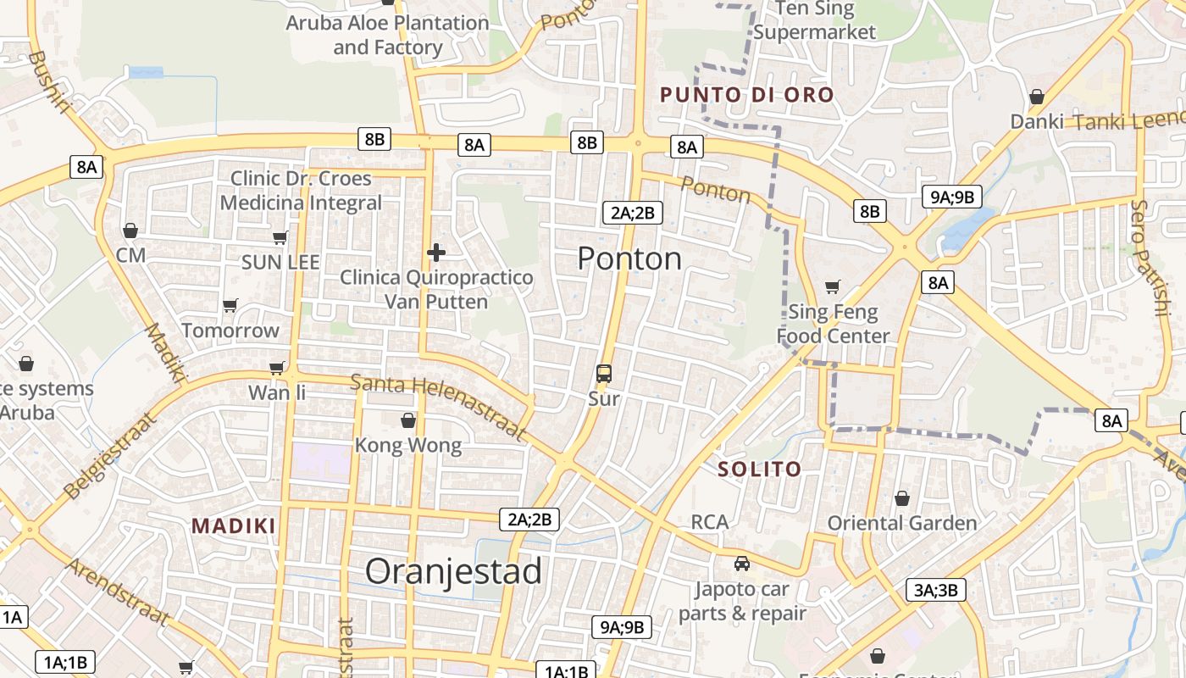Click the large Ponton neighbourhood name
pyautogui.click(x=629, y=258)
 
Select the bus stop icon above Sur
pyautogui.click(x=603, y=373)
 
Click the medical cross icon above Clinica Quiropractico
pyautogui.click(x=436, y=253)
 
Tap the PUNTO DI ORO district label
pyautogui.click(x=747, y=95)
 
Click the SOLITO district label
pyautogui.click(x=759, y=469)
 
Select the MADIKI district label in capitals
pyautogui.click(x=234, y=526)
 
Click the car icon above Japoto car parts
pyautogui.click(x=742, y=563)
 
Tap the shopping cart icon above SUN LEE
pyautogui.click(x=280, y=238)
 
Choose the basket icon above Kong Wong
pyautogui.click(x=408, y=420)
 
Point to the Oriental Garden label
pyautogui.click(x=902, y=523)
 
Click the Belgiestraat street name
pyautogui.click(x=110, y=456)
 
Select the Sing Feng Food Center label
pyautogui.click(x=834, y=324)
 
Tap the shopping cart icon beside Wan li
pyautogui.click(x=277, y=368)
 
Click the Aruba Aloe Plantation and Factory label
pyautogui.click(x=387, y=35)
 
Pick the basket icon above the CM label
pyautogui.click(x=130, y=231)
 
